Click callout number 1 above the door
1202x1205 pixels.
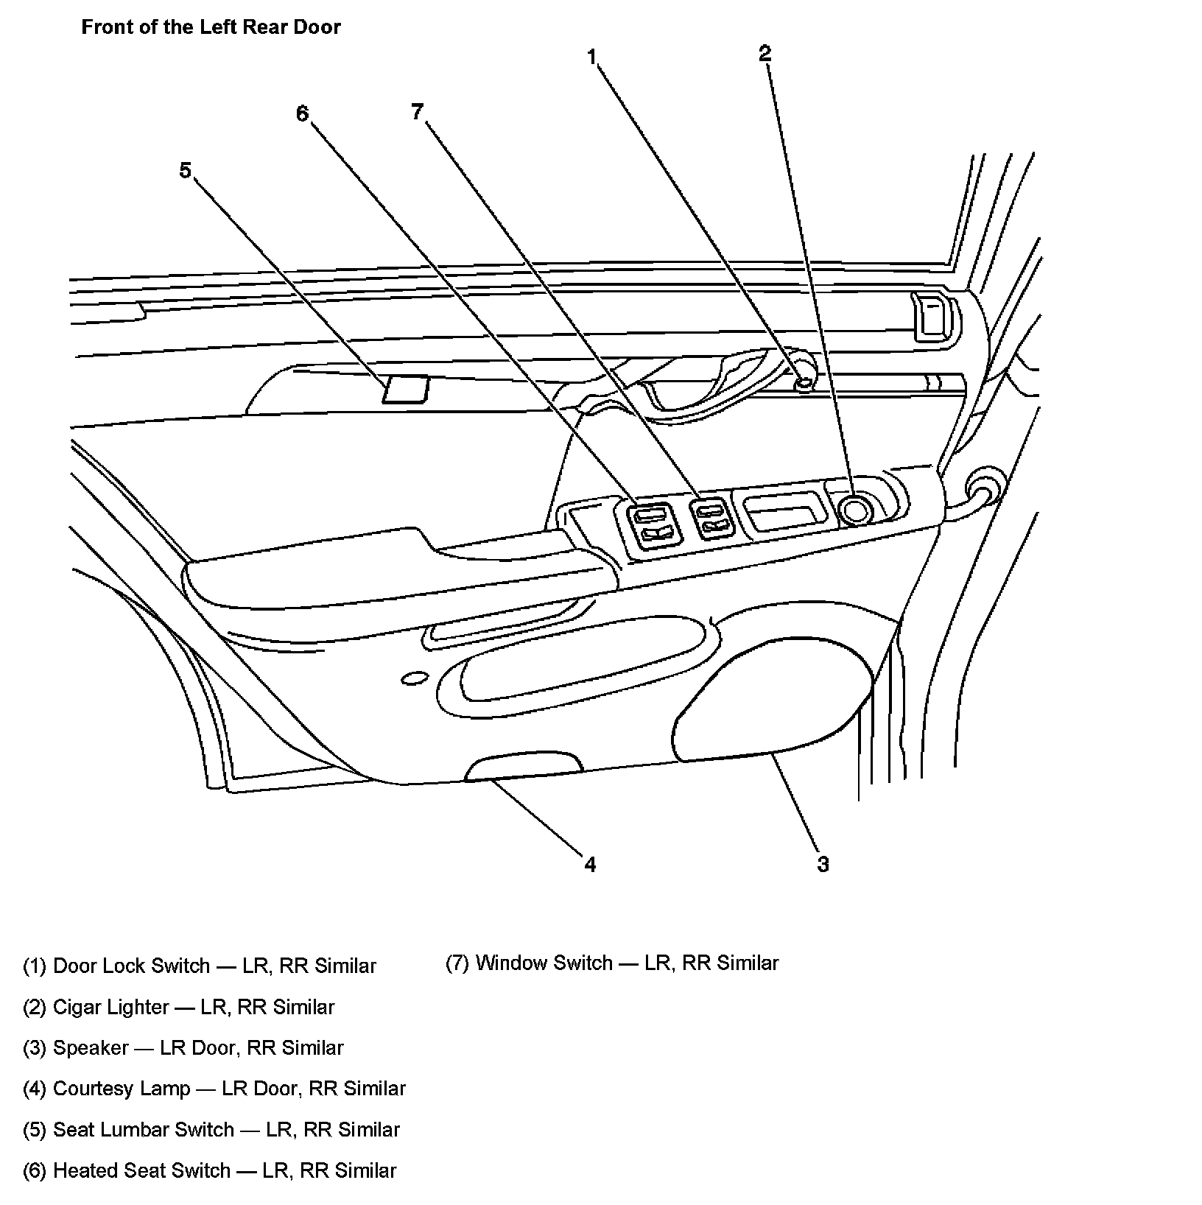[592, 57]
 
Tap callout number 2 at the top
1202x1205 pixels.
[765, 53]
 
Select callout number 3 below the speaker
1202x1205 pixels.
[823, 864]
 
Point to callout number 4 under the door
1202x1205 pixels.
[590, 864]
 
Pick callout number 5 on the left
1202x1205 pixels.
[185, 171]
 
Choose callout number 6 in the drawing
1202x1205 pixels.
[302, 113]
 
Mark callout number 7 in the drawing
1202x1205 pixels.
[418, 111]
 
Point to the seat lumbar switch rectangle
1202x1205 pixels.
[405, 389]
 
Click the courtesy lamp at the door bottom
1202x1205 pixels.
[524, 767]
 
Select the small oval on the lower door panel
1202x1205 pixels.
[414, 677]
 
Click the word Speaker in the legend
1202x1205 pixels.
[91, 1047]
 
